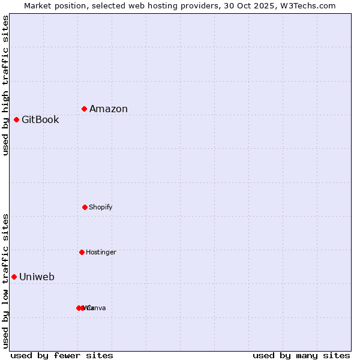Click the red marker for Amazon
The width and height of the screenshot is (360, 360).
click(x=85, y=109)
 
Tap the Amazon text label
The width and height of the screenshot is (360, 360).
click(x=109, y=109)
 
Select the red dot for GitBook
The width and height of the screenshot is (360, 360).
click(x=17, y=119)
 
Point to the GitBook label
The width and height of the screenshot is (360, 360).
click(x=40, y=120)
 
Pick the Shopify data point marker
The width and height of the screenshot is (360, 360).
click(x=85, y=207)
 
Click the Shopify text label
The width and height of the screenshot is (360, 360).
click(x=101, y=208)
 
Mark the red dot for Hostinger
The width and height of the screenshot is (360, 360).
click(x=82, y=252)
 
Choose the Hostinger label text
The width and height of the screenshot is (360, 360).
click(x=101, y=253)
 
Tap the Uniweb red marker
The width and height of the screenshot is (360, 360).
click(x=14, y=277)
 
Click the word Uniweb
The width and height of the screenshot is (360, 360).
click(x=37, y=277)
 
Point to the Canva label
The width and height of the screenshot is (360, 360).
click(x=97, y=308)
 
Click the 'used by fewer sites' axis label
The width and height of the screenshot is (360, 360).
click(x=62, y=356)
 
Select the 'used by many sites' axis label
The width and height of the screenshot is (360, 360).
click(x=301, y=356)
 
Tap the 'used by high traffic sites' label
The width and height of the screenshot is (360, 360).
click(x=5, y=85)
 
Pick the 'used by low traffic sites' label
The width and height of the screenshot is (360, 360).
click(x=5, y=281)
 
